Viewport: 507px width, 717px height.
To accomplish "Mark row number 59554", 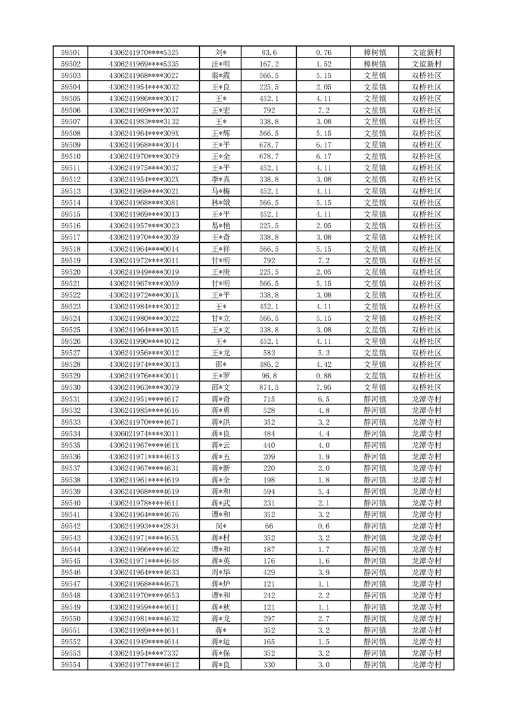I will click(x=70, y=665).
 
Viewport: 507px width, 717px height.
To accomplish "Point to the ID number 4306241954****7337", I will click(x=144, y=654).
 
